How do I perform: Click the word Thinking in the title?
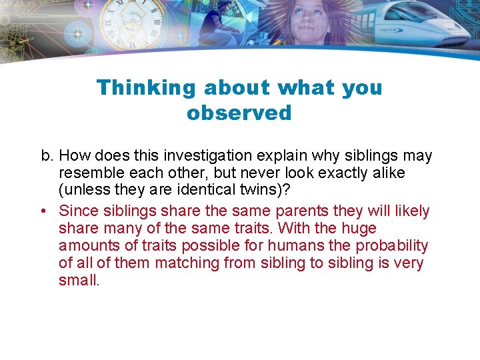(145, 88)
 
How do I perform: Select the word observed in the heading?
(239, 113)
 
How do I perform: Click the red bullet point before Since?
(44, 211)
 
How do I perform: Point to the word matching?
(187, 263)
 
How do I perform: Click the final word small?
(79, 281)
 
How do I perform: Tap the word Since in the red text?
(79, 211)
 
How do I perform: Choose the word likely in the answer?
(411, 211)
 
